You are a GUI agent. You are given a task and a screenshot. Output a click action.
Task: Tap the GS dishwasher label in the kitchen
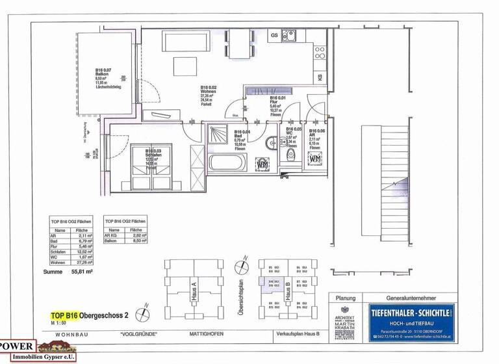(274, 34)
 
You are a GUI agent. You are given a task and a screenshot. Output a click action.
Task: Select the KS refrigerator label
(320, 77)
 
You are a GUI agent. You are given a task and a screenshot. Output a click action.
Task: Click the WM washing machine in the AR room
(315, 158)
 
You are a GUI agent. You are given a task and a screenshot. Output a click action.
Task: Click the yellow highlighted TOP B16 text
(64, 315)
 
